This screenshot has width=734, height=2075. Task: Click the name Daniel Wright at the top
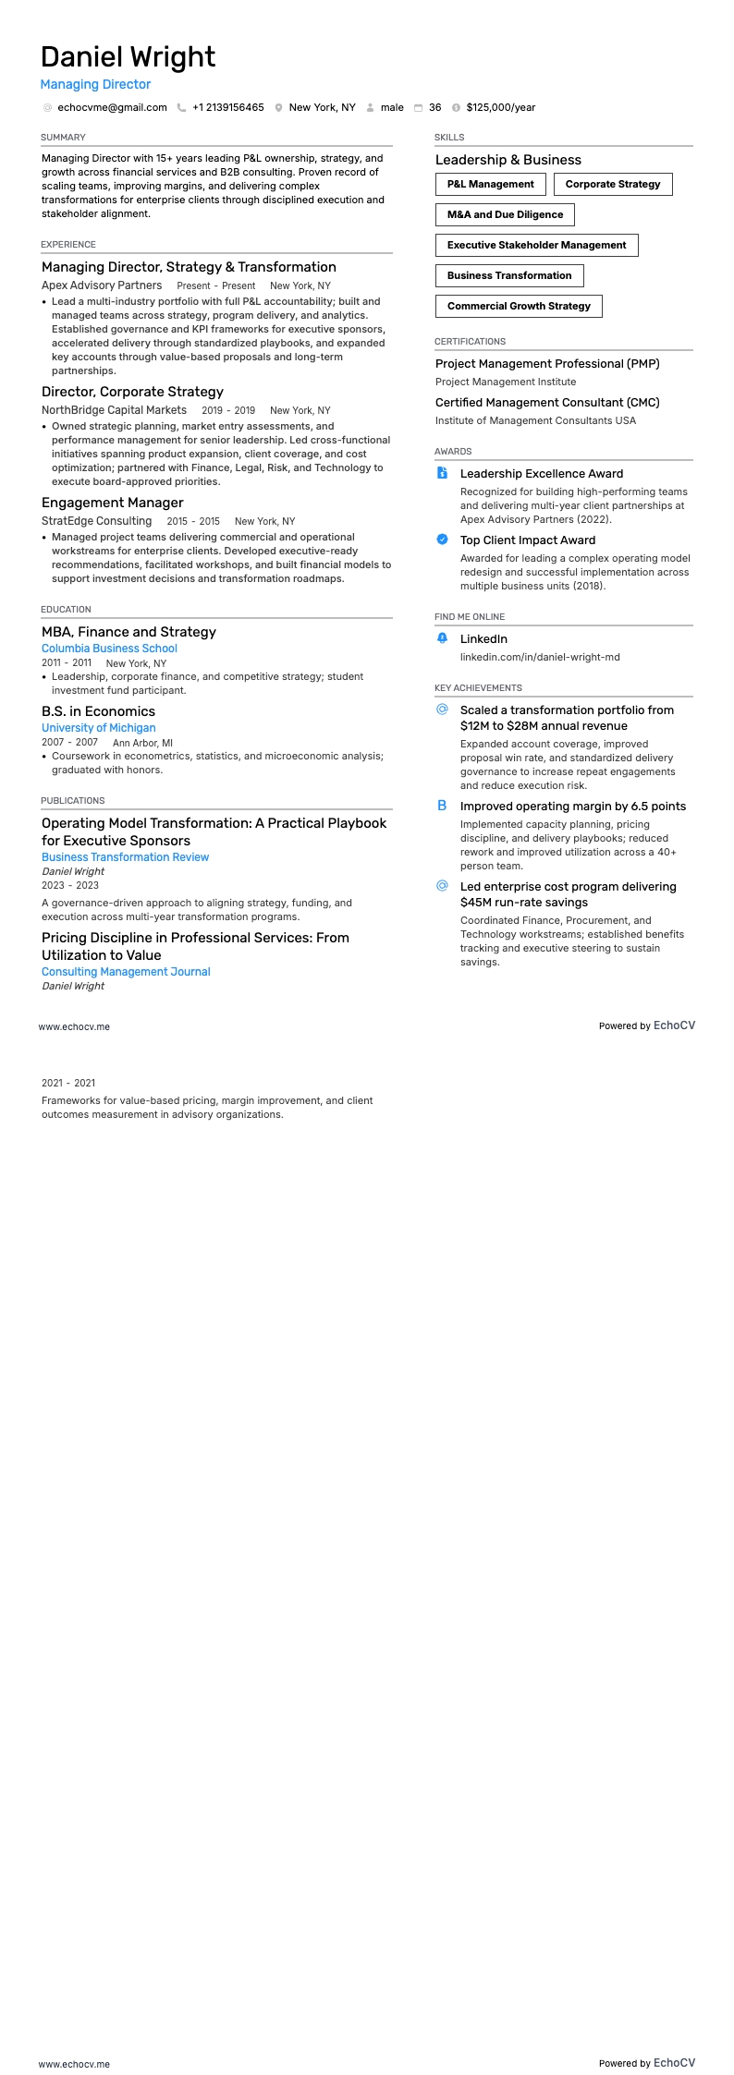pyautogui.click(x=128, y=57)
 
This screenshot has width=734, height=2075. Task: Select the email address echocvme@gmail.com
pyautogui.click(x=112, y=107)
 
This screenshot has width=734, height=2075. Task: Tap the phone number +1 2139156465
pyautogui.click(x=227, y=107)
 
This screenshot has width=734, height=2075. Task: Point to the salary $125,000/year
pyautogui.click(x=500, y=107)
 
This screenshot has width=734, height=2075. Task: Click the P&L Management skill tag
pyautogui.click(x=490, y=184)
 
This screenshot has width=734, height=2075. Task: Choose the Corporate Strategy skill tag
pyautogui.click(x=613, y=184)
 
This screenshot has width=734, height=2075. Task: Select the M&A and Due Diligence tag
pyautogui.click(x=505, y=214)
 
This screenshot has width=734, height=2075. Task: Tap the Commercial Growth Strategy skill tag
pyautogui.click(x=519, y=306)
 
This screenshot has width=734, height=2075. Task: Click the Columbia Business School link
pyautogui.click(x=109, y=649)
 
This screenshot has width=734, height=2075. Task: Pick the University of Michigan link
pyautogui.click(x=98, y=728)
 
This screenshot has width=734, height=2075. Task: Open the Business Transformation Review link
pyautogui.click(x=125, y=857)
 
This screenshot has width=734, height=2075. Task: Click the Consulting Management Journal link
pyautogui.click(x=126, y=972)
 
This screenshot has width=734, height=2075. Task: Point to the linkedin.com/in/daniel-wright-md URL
pyautogui.click(x=540, y=657)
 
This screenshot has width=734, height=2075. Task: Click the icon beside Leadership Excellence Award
pyautogui.click(x=442, y=473)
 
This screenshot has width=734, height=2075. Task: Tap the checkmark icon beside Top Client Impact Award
pyautogui.click(x=442, y=540)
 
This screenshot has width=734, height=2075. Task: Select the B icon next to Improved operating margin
pyautogui.click(x=442, y=806)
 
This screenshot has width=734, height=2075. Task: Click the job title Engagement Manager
pyautogui.click(x=112, y=503)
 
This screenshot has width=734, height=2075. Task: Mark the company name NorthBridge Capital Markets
pyautogui.click(x=114, y=410)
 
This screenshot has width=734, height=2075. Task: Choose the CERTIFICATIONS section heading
pyautogui.click(x=470, y=342)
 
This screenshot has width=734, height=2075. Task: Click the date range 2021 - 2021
pyautogui.click(x=68, y=1083)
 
